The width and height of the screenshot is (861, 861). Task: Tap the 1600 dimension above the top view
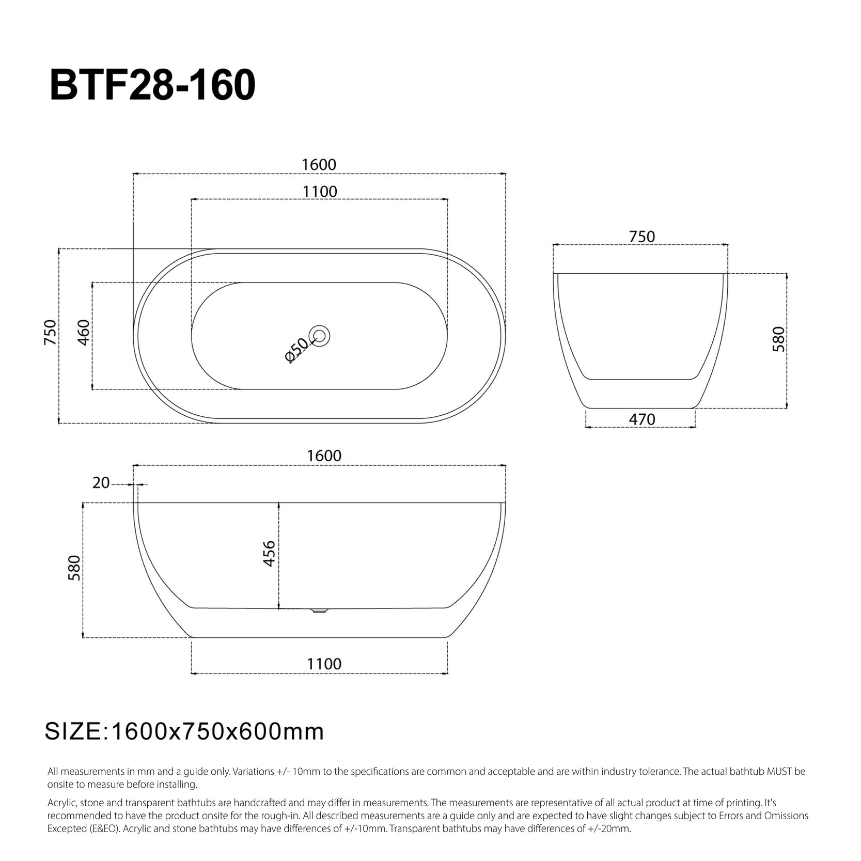pyautogui.click(x=319, y=165)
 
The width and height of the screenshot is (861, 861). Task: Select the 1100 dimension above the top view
pyautogui.click(x=320, y=192)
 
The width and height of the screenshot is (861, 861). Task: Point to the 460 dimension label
pyautogui.click(x=84, y=333)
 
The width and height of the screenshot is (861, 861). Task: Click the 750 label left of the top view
pyautogui.click(x=50, y=333)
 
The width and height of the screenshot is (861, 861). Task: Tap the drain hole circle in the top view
pyautogui.click(x=320, y=336)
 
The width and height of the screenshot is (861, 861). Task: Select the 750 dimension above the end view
pyautogui.click(x=642, y=237)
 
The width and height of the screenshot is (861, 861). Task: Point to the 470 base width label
pyautogui.click(x=642, y=419)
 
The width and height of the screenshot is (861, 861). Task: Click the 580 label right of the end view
pyautogui.click(x=778, y=339)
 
